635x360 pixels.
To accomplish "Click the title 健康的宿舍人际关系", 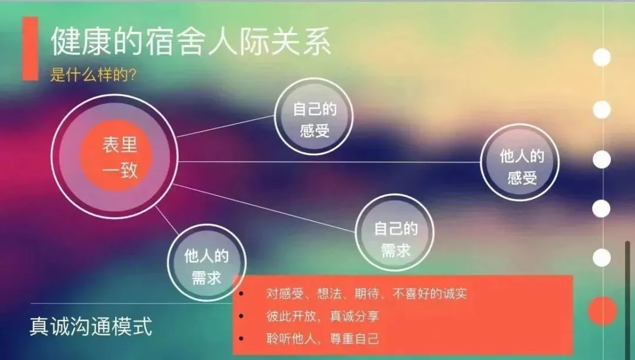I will pos(191,42).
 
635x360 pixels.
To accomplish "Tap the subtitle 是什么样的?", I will pos(93,75).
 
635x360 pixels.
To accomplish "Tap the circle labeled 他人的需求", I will pos(206,267).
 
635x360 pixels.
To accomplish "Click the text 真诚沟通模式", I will pos(91,326).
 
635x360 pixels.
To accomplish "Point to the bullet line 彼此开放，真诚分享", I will pos(323,316).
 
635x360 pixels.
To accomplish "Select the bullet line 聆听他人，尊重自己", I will pos(323,338).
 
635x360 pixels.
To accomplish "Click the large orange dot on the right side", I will pos(603,311).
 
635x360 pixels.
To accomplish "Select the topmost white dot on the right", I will pos(601,58).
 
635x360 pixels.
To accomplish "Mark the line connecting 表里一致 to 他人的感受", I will pos(329,161).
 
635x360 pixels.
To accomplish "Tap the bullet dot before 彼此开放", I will pos(242,316).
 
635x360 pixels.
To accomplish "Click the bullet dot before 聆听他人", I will pos(242,339).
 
